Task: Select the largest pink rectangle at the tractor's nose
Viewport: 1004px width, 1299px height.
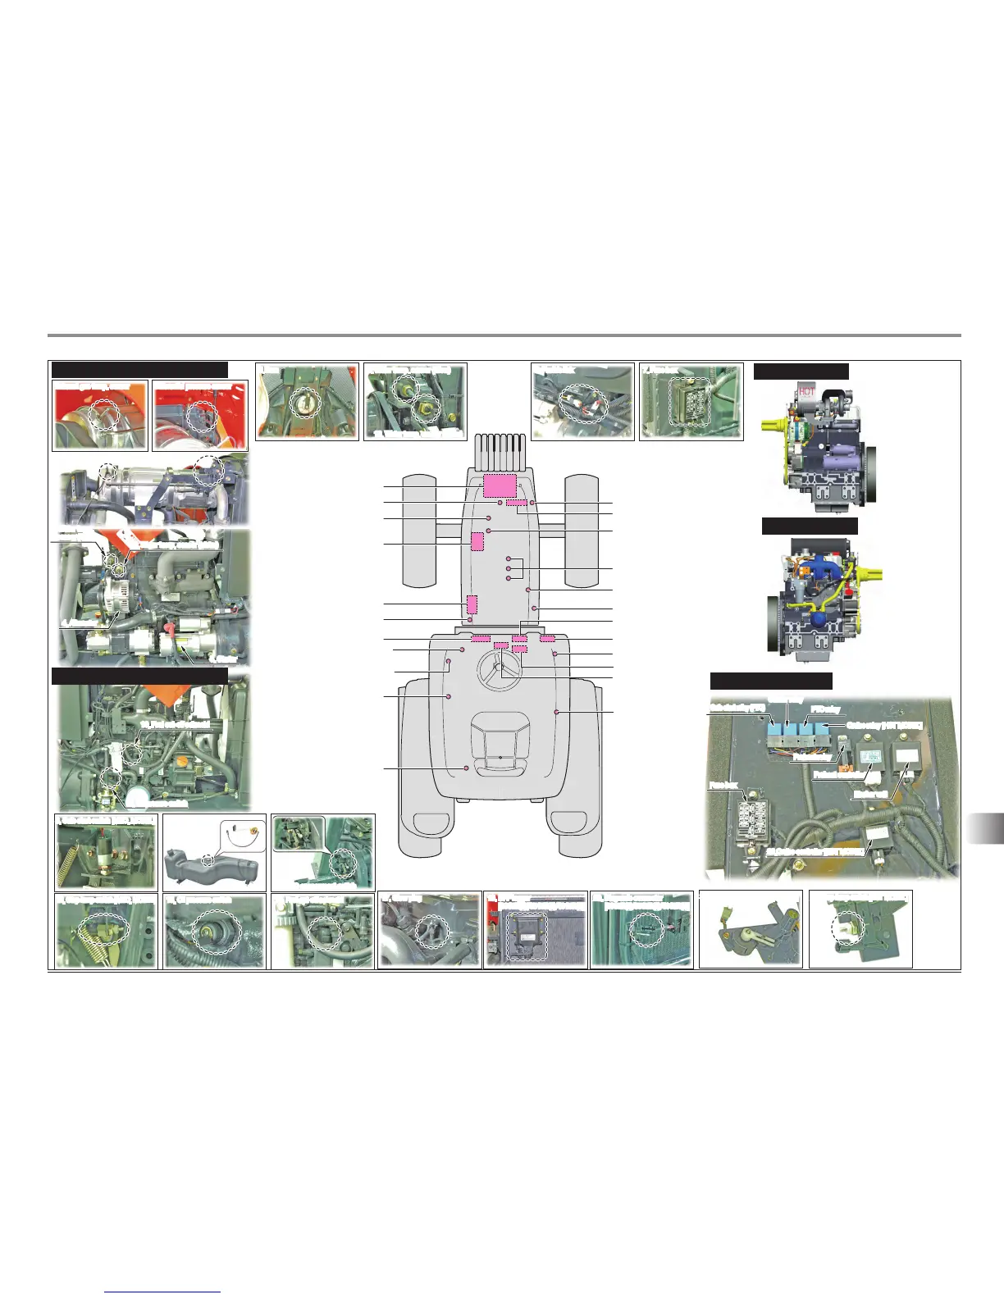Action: tap(498, 485)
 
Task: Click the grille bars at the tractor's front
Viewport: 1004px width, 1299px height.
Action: tap(499, 449)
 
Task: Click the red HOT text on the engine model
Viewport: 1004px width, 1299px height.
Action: tap(807, 393)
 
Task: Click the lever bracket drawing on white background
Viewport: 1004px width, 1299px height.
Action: tap(750, 929)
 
